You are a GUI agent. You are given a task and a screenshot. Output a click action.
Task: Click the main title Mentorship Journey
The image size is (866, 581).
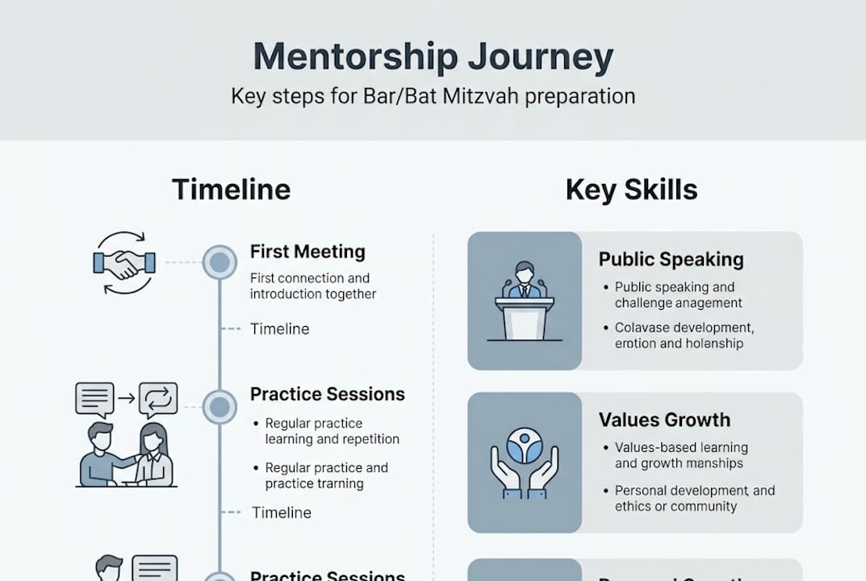coord(433,57)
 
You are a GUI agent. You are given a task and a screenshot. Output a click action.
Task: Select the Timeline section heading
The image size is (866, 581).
coord(231,190)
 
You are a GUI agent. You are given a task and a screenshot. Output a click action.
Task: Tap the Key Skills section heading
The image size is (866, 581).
coord(631,190)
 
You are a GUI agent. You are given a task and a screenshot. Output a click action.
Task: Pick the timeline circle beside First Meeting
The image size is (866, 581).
coord(219,262)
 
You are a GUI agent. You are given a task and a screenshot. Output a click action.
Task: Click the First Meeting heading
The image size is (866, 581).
coord(307,252)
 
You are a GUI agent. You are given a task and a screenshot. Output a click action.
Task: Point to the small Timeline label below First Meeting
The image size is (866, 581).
coord(279,329)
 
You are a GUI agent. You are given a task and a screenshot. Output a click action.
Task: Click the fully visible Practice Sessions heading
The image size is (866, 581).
coord(327,395)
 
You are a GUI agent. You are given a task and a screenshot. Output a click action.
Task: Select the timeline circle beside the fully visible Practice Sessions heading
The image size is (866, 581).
coord(219,407)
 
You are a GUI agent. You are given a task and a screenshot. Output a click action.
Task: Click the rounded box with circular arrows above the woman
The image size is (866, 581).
coord(158,398)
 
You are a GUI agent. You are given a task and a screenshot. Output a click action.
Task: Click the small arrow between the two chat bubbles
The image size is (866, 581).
coord(125,398)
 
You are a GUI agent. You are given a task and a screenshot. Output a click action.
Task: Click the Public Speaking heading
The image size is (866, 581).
coord(671,260)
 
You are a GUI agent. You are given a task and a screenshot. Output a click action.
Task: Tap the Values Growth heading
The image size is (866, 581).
coord(664,420)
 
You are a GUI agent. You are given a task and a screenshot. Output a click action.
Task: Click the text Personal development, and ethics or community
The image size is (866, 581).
coord(694,499)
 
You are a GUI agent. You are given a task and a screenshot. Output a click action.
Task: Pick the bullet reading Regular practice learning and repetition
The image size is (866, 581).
coord(332,432)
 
